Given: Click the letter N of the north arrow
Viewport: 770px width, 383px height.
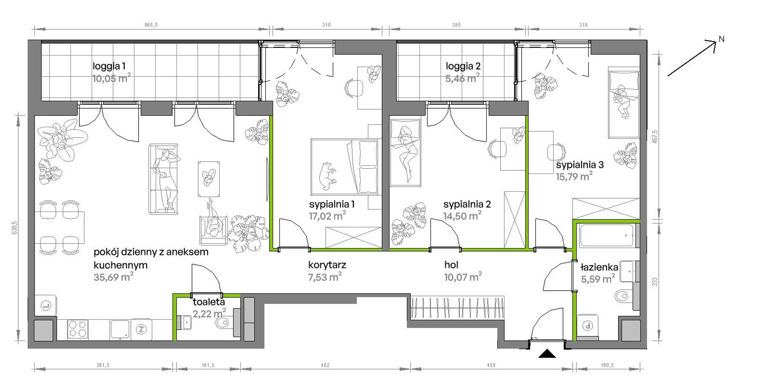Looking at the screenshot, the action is point(721,39).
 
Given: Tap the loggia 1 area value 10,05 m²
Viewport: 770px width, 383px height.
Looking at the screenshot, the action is point(111,78).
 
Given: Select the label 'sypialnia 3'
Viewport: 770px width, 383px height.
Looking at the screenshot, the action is point(580,165).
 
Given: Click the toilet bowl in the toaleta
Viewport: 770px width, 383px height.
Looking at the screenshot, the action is point(222,323).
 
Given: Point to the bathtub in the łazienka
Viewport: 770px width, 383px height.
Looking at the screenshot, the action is point(607,235).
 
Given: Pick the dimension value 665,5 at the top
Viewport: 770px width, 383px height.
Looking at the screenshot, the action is point(151,25).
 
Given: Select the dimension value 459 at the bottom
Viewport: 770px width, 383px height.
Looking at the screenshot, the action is point(491,365).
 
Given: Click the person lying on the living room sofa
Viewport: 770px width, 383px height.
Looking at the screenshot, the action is point(165,179).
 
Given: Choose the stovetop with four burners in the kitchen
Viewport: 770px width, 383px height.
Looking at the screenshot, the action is point(77,329).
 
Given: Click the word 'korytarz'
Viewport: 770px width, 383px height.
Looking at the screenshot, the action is point(327,265).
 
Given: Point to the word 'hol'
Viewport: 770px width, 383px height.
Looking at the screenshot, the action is point(451,265).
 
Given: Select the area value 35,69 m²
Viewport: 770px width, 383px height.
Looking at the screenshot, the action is point(113,277).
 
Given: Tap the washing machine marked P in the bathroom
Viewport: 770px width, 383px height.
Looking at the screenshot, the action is point(588,325).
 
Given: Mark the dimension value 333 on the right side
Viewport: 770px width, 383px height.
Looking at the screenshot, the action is point(655,282).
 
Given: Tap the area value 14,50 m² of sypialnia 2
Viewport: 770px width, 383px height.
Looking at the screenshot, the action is point(462,216).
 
